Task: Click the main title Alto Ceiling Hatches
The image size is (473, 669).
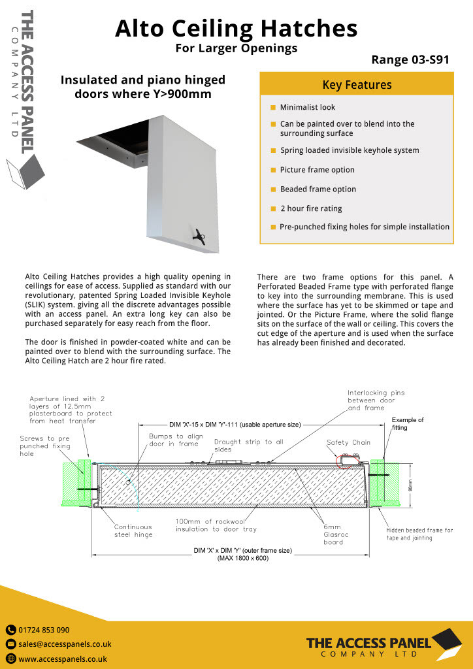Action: coord(236,29)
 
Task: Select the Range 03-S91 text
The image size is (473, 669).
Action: coord(410,60)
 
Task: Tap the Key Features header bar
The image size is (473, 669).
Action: coord(357,85)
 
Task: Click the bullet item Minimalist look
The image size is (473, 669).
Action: coord(307,107)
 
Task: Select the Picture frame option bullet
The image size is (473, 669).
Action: coord(317,170)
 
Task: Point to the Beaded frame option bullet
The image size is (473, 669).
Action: coord(318,189)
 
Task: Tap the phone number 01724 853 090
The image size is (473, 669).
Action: coord(44,630)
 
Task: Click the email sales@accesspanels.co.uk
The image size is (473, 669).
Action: coord(65,644)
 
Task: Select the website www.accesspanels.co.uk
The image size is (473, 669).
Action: coord(63,659)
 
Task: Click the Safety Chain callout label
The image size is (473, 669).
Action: coord(348,442)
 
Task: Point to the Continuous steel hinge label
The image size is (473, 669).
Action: coord(133,530)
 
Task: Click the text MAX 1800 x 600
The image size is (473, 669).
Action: coord(242,558)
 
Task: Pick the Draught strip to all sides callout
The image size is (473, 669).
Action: coord(248,445)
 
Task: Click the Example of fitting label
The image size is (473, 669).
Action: coord(408,423)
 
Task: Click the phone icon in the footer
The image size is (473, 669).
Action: coord(10,630)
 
